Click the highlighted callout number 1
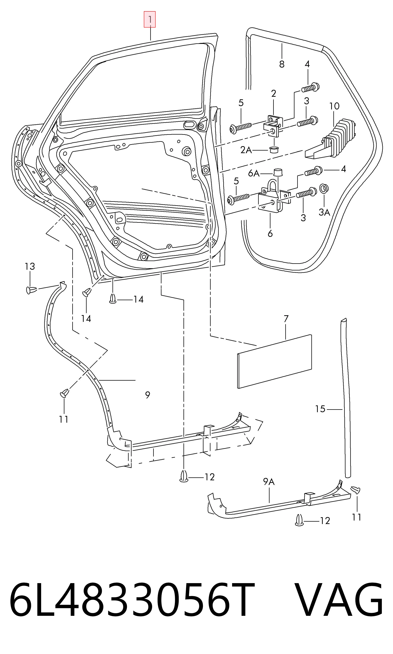click(150, 19)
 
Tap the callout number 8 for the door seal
click(282, 64)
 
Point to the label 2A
click(246, 150)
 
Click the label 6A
click(254, 173)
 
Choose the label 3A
click(324, 212)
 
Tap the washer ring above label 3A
click(324, 188)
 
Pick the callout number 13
click(30, 266)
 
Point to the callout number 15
click(320, 409)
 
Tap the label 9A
click(269, 481)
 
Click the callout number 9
click(148, 395)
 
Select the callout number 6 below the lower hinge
click(270, 234)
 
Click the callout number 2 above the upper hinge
click(274, 93)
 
